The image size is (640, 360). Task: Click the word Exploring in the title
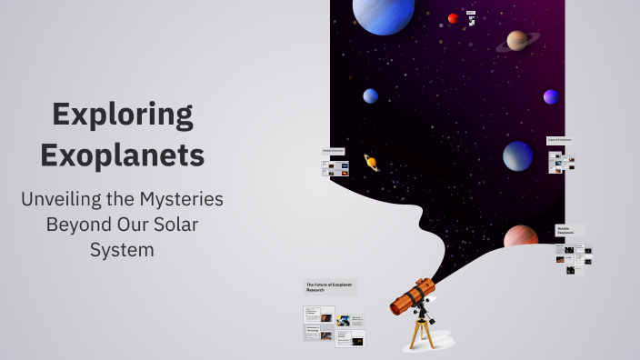pyautogui.click(x=122, y=115)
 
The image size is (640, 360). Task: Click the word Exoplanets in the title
pyautogui.click(x=122, y=155)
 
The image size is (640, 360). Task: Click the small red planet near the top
pyautogui.click(x=453, y=18)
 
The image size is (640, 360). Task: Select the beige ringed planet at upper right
pyautogui.click(x=517, y=40)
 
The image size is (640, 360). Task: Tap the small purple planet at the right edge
pyautogui.click(x=551, y=96)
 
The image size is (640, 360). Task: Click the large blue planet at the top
pyautogui.click(x=384, y=13)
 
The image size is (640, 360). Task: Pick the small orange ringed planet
pyautogui.click(x=371, y=162)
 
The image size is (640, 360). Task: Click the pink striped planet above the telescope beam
pyautogui.click(x=521, y=237)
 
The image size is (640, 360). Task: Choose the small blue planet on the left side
pyautogui.click(x=370, y=95)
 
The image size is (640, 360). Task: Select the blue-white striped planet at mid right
pyautogui.click(x=518, y=155)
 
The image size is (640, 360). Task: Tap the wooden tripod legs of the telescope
pyautogui.click(x=419, y=333)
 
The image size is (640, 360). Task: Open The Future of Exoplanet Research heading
pyautogui.click(x=329, y=287)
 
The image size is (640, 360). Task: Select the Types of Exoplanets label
pyautogui.click(x=560, y=140)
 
